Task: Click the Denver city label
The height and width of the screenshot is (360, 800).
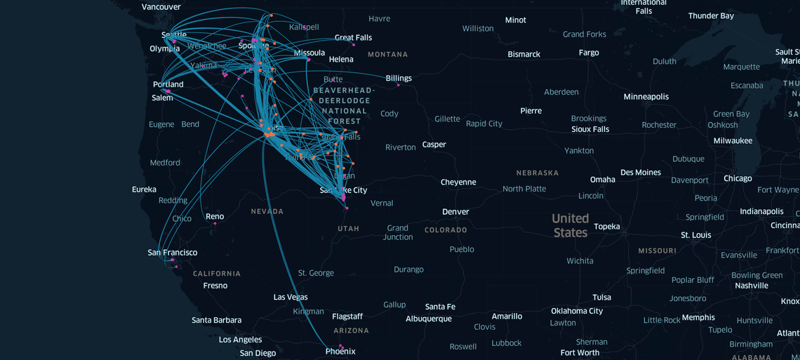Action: [455, 212]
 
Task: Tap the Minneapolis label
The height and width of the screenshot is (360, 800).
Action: [646, 97]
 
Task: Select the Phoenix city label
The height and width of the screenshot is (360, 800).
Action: [340, 352]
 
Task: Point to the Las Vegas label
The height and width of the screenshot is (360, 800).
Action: [291, 298]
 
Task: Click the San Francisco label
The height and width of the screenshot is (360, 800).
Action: [173, 253]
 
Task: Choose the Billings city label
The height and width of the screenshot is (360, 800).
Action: [399, 79]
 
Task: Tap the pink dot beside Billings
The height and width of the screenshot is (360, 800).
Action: [398, 86]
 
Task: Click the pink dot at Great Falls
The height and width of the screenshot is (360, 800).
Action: [354, 45]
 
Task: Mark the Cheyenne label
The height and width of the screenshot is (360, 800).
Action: [458, 182]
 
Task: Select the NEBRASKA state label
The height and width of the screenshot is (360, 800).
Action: [538, 173]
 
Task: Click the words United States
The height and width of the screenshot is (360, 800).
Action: [570, 225]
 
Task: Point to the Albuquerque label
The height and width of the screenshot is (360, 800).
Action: [429, 319]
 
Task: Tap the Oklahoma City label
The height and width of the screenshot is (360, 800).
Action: [577, 311]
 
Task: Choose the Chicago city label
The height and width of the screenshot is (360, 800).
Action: [738, 178]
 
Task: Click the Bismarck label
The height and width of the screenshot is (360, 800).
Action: [524, 55]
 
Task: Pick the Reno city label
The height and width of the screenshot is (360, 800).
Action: [215, 217]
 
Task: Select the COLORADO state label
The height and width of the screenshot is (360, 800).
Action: [446, 230]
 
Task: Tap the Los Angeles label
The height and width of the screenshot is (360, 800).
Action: [240, 340]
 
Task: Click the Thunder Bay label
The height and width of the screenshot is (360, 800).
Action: [711, 16]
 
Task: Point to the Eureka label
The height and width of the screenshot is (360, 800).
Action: [144, 189]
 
